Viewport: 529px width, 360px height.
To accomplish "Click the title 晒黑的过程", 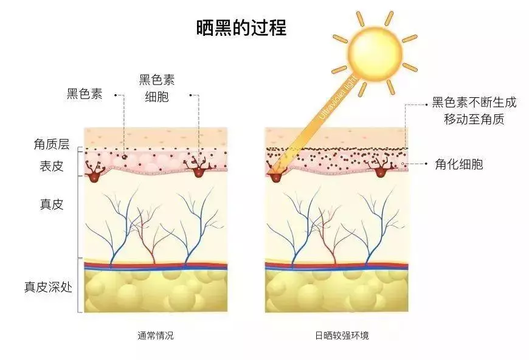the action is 241,27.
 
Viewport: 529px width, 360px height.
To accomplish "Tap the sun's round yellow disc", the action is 375,54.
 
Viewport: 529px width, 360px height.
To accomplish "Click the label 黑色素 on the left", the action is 85,94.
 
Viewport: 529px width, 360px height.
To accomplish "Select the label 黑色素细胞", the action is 157,88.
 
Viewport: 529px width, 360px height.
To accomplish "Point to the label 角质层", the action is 52,144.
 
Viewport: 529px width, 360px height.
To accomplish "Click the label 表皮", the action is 52,166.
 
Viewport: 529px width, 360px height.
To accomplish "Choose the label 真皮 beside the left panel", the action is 52,204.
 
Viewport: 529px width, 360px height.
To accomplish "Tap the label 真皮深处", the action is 48,287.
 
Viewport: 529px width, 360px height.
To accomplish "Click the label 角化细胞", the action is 459,164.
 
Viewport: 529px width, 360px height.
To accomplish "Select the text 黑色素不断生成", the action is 474,102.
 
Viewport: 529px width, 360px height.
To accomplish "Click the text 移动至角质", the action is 474,119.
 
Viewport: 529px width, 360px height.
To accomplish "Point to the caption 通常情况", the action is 156,336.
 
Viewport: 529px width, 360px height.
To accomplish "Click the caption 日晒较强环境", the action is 342,336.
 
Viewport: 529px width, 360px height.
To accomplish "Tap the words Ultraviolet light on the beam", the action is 337,99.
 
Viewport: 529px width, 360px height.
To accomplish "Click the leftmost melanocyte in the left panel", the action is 93,172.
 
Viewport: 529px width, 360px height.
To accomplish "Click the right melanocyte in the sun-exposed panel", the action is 381,167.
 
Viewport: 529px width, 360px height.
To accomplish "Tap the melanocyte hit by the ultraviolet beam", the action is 276,174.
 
